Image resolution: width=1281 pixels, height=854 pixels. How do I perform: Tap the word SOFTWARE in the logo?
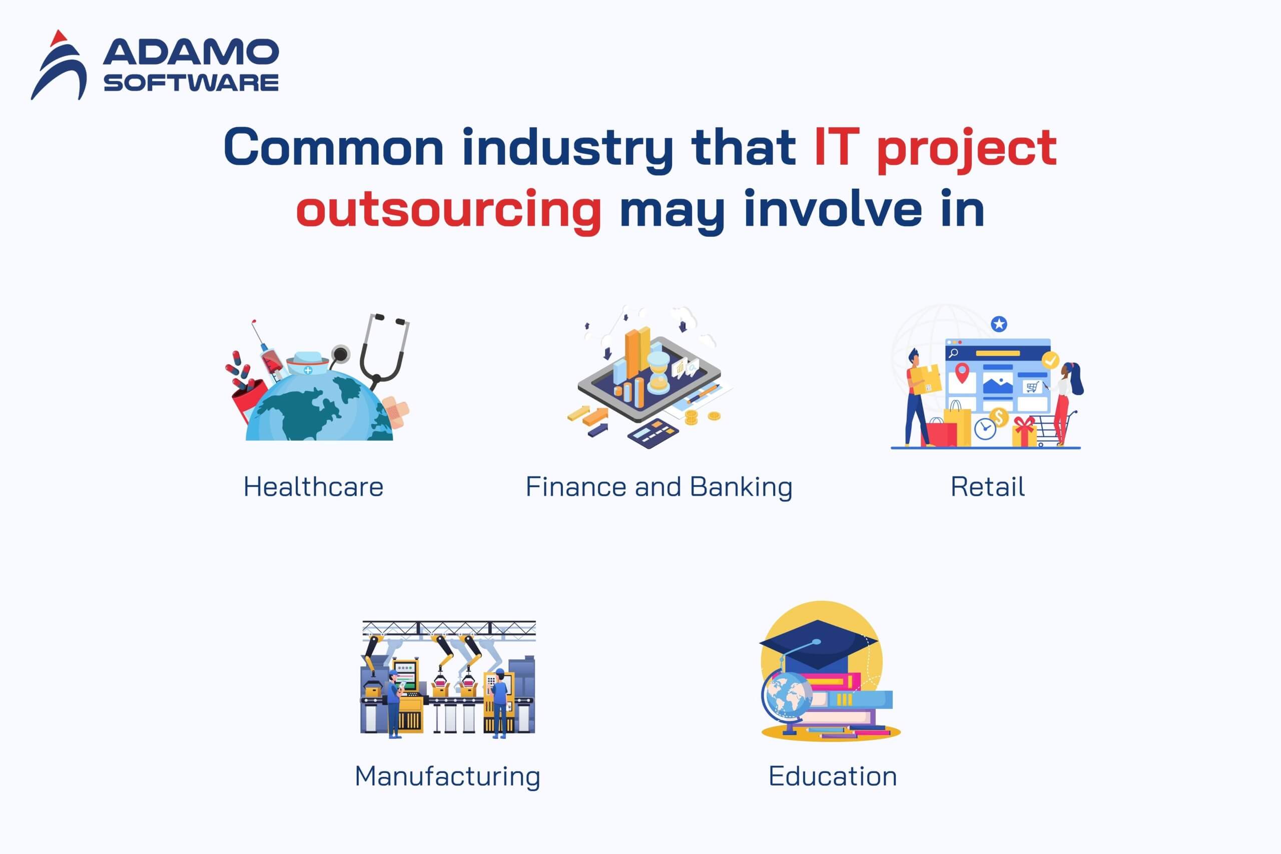(191, 83)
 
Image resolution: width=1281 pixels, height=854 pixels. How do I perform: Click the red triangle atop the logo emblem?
(58, 38)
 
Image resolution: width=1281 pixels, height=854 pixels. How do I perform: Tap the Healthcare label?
(314, 487)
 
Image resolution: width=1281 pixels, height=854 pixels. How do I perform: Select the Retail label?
(988, 487)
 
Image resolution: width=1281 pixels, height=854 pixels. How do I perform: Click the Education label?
(833, 776)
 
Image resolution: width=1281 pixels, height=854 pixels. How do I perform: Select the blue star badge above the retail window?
(998, 324)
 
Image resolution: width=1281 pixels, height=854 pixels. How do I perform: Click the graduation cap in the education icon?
(818, 645)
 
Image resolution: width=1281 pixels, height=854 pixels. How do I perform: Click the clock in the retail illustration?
(985, 429)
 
